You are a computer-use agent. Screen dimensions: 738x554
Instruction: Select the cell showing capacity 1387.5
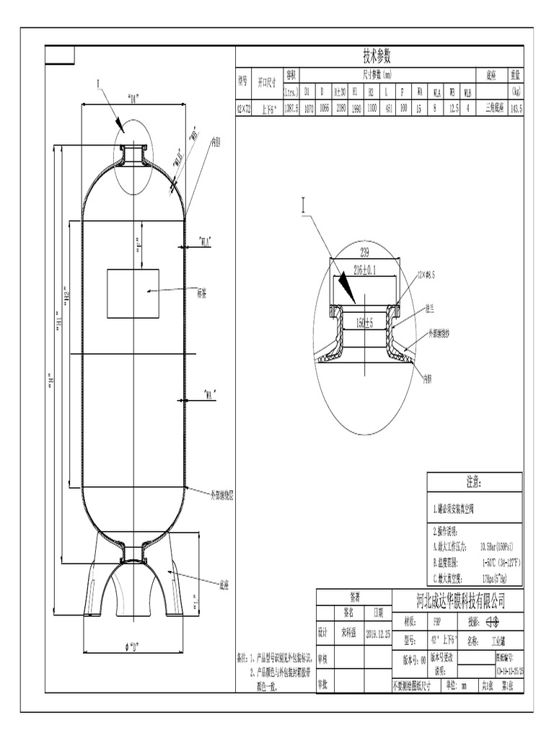click(x=290, y=109)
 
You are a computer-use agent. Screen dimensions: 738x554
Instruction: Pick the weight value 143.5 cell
click(x=515, y=109)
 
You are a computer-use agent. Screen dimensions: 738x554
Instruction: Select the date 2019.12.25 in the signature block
click(x=378, y=633)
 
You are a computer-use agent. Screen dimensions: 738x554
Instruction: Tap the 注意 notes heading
click(x=474, y=481)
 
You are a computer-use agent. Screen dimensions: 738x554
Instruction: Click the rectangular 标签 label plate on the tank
click(x=133, y=293)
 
